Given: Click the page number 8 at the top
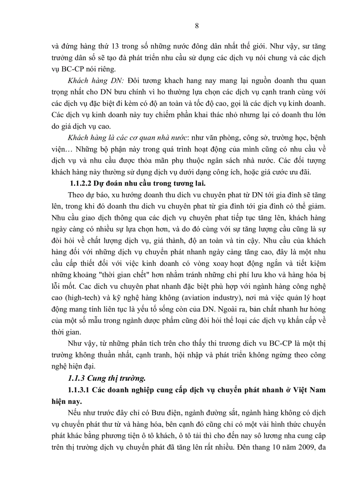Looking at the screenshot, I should point(196,26).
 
